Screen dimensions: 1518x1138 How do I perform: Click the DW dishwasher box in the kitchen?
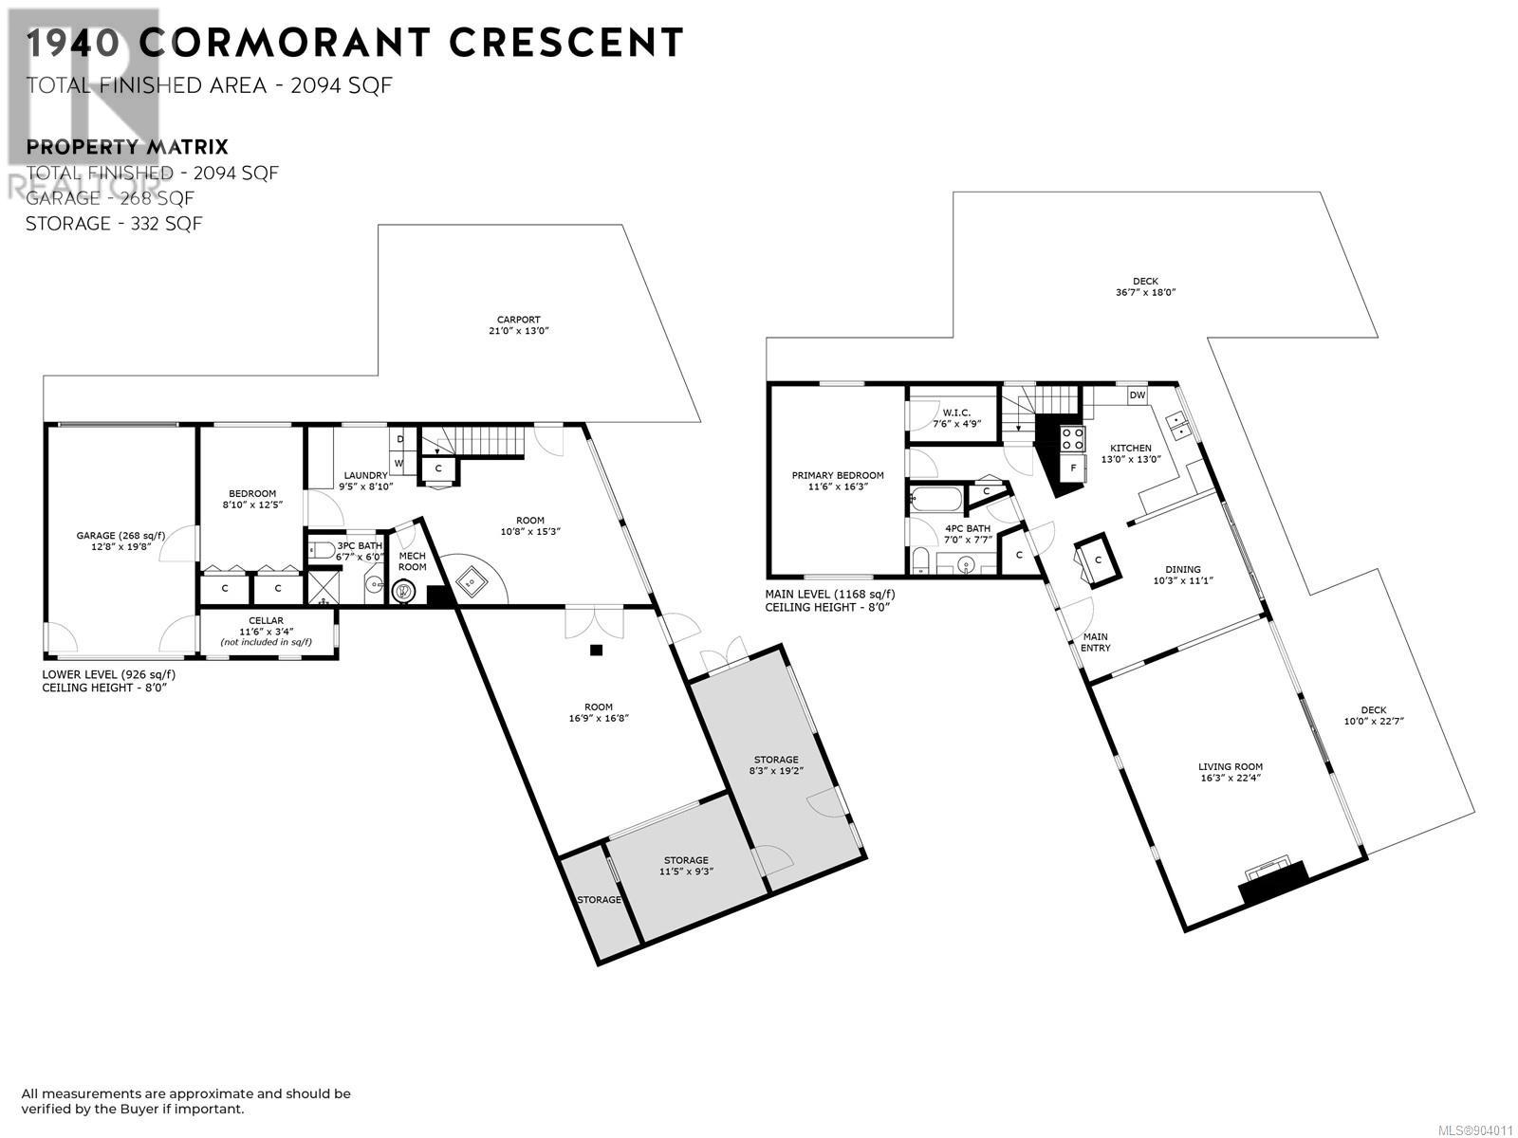[x=1137, y=395]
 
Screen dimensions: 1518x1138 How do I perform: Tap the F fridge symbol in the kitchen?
[x=1073, y=468]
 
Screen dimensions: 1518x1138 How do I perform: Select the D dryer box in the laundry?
[x=400, y=439]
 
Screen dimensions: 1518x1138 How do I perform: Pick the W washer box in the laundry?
[x=399, y=463]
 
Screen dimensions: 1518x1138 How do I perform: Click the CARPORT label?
[x=518, y=320]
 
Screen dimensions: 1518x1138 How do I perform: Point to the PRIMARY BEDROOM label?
[x=838, y=475]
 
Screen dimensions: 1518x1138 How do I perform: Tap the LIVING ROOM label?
[x=1231, y=766]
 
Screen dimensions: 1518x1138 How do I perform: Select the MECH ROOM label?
[x=412, y=561]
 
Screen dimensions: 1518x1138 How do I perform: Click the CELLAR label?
[x=267, y=620]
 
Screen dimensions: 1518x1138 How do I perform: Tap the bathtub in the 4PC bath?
[x=935, y=498]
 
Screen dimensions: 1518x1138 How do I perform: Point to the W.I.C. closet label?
[x=956, y=413]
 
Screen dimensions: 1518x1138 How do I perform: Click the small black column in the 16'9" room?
[x=596, y=651]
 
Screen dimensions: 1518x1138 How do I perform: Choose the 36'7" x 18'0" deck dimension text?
[x=1145, y=292]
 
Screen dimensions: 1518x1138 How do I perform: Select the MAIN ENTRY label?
[x=1096, y=642]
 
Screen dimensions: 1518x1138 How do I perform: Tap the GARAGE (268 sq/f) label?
[x=120, y=536]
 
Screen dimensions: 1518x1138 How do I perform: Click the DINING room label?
[x=1182, y=570]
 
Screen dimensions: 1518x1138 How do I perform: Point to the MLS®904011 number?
[x=1475, y=1129]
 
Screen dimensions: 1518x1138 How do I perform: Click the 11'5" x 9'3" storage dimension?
[x=686, y=872]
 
